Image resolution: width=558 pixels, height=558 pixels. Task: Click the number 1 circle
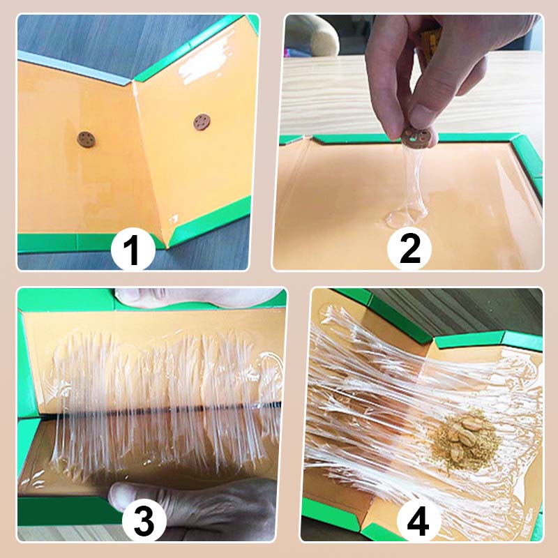133,250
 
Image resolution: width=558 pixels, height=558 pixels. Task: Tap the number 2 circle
409,248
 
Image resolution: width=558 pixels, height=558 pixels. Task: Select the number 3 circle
144,520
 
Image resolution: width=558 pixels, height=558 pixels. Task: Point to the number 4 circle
419,521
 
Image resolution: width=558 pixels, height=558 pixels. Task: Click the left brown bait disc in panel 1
86,139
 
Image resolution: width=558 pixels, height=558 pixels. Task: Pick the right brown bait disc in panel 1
202,123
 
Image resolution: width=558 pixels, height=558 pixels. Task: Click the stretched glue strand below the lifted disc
412,178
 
